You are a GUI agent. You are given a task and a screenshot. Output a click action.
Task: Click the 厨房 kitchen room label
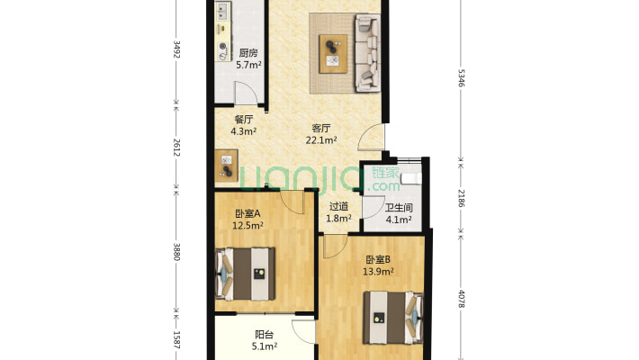click(x=248, y=53)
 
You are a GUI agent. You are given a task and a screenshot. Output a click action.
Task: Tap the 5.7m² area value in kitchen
click(x=248, y=65)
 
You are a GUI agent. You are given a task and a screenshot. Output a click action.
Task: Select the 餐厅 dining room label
click(x=244, y=120)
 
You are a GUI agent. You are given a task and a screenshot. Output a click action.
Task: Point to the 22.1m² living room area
click(x=321, y=140)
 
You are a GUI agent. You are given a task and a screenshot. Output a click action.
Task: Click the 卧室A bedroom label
click(x=247, y=213)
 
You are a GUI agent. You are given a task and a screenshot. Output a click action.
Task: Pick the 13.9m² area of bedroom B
click(x=378, y=271)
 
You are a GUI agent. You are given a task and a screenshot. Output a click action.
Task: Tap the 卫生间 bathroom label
click(x=399, y=208)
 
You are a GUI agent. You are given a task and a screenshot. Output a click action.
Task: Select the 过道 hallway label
click(x=338, y=207)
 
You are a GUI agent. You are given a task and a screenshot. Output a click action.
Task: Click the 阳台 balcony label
click(x=264, y=335)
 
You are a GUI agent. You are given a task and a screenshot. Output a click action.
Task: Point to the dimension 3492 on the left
click(x=177, y=49)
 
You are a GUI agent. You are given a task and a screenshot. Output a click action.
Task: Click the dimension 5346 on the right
click(x=461, y=77)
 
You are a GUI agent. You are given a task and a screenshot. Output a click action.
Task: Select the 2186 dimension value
click(x=461, y=198)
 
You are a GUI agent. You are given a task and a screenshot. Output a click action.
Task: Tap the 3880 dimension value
click(x=177, y=252)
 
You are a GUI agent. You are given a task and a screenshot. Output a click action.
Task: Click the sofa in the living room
click(x=367, y=53)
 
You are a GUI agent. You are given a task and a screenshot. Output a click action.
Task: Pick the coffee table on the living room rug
click(x=333, y=54)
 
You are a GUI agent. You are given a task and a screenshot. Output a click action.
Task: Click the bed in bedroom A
click(x=245, y=274)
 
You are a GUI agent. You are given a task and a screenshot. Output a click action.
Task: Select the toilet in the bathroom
click(x=411, y=178)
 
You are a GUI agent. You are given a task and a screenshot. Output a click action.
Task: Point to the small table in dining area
click(x=227, y=166)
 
